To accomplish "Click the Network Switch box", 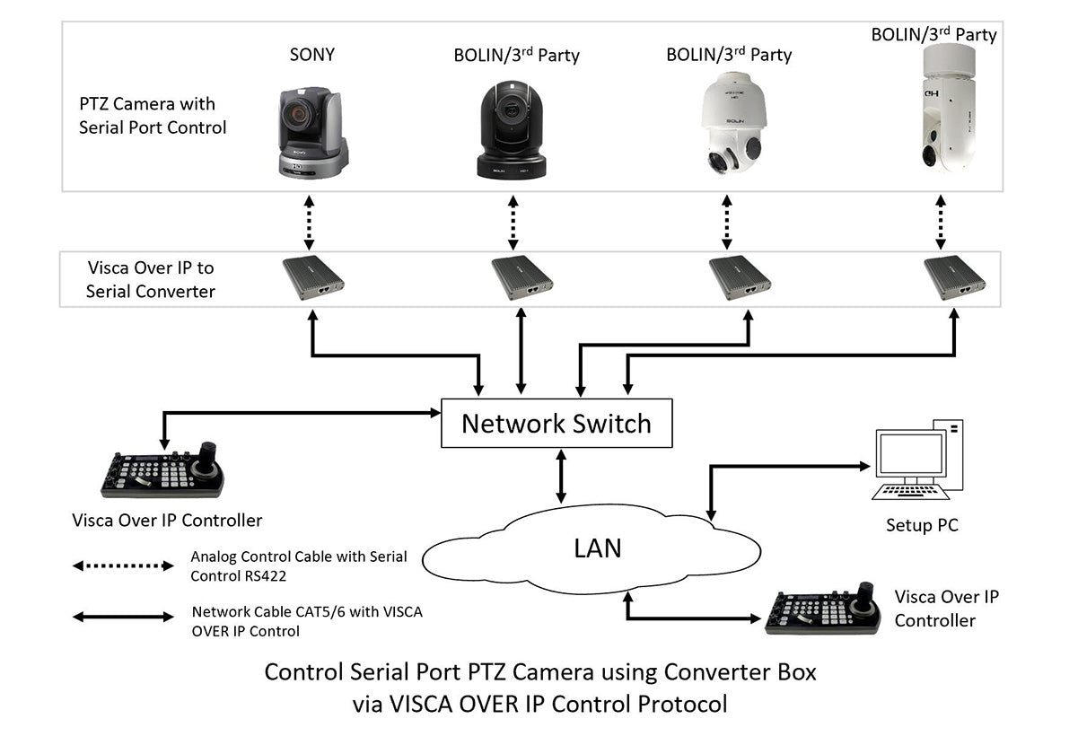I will [x=557, y=424].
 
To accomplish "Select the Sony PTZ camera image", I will [x=311, y=132].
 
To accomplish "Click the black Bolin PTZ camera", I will [x=511, y=130].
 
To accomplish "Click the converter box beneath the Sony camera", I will [x=312, y=276].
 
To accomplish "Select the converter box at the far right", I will [x=954, y=276].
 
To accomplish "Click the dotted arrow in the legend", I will [x=122, y=566].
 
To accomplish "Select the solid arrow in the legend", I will [x=122, y=617].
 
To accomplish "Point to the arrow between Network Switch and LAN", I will [x=562, y=478].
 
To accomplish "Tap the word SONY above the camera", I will [x=311, y=55].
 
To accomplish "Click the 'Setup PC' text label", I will [x=921, y=525].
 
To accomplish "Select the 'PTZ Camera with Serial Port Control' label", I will [x=153, y=116].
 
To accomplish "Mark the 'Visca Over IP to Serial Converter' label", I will [x=151, y=279].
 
